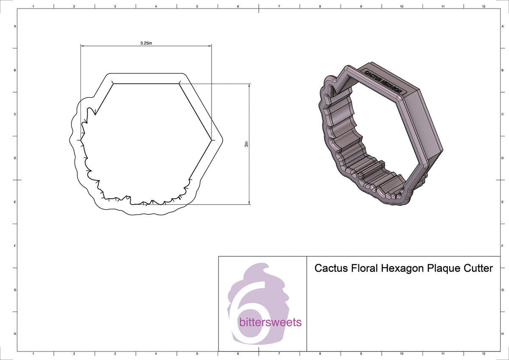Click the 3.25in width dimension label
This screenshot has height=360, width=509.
point(146,43)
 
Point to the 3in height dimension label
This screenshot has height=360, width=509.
point(246,144)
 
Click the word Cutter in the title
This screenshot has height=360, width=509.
point(478,268)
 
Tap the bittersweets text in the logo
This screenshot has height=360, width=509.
point(270,322)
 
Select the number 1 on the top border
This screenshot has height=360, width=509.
point(33,6)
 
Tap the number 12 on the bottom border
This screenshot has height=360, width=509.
point(483,353)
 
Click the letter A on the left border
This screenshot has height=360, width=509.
point(15,26)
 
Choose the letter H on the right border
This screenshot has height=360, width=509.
point(503,334)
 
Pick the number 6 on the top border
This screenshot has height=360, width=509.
point(238,6)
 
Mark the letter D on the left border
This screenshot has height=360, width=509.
point(15,158)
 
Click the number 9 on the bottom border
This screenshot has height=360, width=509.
point(361,353)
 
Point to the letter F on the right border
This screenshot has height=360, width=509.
point(503,246)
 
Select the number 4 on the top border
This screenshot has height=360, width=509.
point(156,6)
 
